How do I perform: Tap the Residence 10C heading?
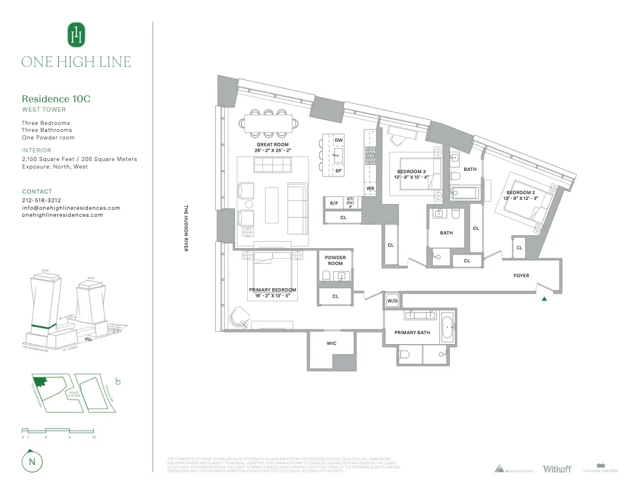(56, 99)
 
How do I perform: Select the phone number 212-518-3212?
(41, 201)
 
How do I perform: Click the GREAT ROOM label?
(272, 145)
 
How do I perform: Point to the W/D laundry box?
(392, 301)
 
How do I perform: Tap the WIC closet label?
(331, 343)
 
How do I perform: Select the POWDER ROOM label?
(335, 260)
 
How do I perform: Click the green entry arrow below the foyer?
(544, 299)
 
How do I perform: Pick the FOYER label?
(521, 275)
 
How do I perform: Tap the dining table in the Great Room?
(268, 123)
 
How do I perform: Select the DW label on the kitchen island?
(339, 141)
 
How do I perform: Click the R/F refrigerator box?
(333, 203)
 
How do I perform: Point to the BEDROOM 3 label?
(411, 171)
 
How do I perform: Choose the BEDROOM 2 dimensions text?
(521, 198)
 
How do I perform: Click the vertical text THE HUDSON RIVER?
(187, 228)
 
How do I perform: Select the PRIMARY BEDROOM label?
(272, 290)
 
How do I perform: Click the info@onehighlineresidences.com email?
(71, 207)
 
